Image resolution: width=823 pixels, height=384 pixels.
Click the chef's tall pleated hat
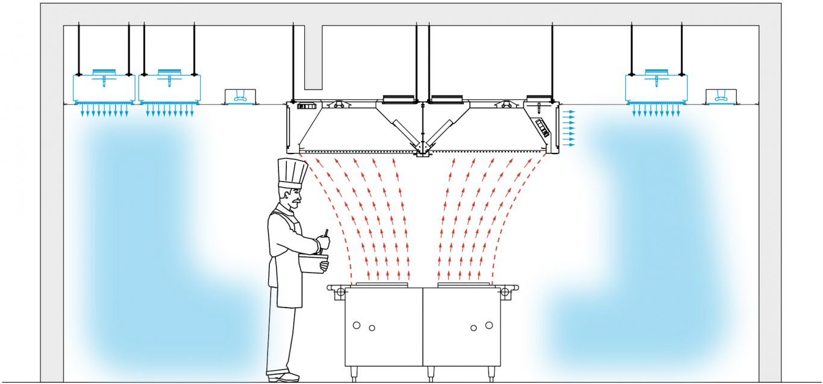coord(293,172)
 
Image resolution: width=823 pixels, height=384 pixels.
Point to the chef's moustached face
coord(292,197)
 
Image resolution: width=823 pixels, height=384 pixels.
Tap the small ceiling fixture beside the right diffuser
coord(721,96)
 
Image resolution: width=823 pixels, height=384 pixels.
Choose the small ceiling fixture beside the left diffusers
coord(240,96)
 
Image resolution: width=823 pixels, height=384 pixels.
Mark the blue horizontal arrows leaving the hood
coord(568,128)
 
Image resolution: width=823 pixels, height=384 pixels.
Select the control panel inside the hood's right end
coord(542,128)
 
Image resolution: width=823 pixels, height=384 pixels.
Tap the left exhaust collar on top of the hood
coord(398,98)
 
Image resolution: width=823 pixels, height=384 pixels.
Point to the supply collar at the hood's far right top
coord(539,98)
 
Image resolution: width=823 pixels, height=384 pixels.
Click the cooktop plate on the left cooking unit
coord(382,283)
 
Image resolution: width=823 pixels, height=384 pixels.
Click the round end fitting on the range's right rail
coord(505,293)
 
